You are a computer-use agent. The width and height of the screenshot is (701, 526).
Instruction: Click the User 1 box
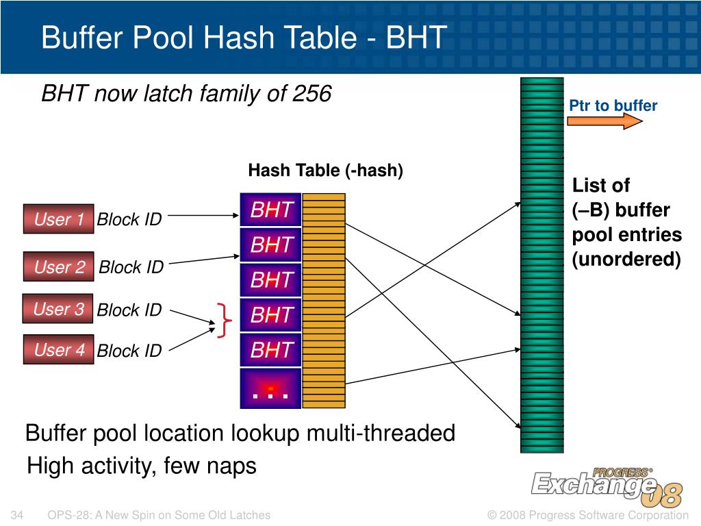pos(58,219)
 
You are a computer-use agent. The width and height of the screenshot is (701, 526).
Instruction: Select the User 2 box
pos(58,267)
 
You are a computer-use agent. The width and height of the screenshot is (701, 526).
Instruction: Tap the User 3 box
pos(58,310)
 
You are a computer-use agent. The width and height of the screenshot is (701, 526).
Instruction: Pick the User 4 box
pos(58,350)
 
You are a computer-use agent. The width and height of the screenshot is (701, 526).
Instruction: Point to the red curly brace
pos(224,320)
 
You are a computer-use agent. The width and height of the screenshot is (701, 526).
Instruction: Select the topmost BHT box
pos(271,210)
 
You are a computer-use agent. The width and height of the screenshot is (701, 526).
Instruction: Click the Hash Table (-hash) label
pos(325,171)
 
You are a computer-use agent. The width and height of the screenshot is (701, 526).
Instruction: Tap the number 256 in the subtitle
pos(311,93)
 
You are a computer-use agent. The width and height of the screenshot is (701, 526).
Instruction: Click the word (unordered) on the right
pos(626,260)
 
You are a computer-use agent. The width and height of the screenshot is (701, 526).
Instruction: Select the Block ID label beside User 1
pos(129,220)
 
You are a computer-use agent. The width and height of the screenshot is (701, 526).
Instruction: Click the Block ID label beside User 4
pos(129,351)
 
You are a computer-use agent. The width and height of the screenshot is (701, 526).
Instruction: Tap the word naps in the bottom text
pos(232,466)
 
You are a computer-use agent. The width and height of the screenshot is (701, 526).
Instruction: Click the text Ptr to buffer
pos(613,105)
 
